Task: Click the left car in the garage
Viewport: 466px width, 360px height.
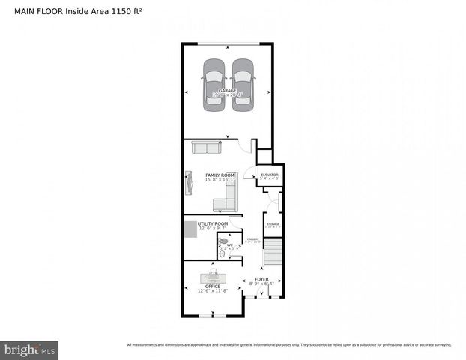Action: (x=214, y=85)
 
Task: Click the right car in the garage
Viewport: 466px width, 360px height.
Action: (x=242, y=85)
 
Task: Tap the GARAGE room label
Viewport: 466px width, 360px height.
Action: (x=227, y=91)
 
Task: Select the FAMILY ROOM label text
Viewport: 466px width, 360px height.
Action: (x=220, y=175)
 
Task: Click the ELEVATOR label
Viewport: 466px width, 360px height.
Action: (x=270, y=175)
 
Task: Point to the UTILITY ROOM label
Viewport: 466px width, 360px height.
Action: (x=213, y=223)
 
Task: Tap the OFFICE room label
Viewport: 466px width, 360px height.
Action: (x=213, y=286)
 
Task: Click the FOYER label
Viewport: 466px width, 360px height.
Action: (x=261, y=279)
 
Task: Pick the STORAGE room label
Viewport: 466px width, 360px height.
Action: (x=273, y=223)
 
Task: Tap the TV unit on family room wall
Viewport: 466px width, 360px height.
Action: (x=187, y=182)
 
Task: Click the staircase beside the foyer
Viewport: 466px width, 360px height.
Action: (x=274, y=251)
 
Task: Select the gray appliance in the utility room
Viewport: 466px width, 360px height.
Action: (x=190, y=228)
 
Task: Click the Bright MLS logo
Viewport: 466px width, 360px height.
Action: (x=30, y=349)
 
